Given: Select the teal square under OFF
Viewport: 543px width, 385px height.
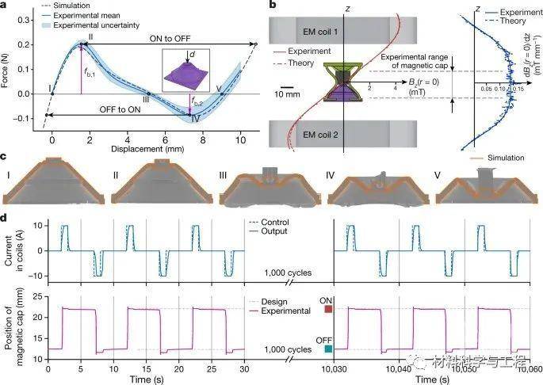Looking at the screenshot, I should pos(329,349).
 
